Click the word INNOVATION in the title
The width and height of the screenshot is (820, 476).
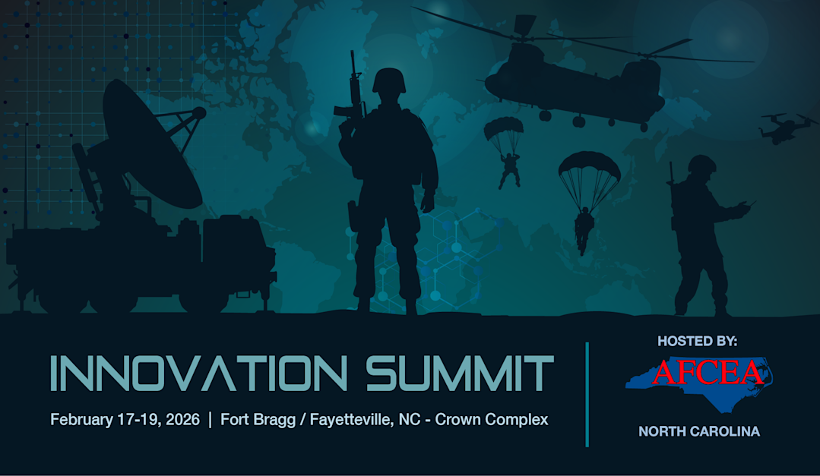pos(198,373)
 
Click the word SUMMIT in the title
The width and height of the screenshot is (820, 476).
pos(460,373)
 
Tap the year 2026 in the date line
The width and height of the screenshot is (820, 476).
pos(182,420)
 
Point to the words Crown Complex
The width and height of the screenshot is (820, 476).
pos(492,420)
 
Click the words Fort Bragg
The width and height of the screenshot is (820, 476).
pos(258,420)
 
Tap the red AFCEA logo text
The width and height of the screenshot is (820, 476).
pos(708,372)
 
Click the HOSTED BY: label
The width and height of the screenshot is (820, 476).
pos(697,341)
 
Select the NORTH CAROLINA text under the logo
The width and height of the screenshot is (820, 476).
pos(699,431)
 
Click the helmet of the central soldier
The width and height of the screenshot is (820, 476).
pos(389,80)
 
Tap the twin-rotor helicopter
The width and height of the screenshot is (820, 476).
pos(581,78)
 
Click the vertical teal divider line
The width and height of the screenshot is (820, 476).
pos(587,395)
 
